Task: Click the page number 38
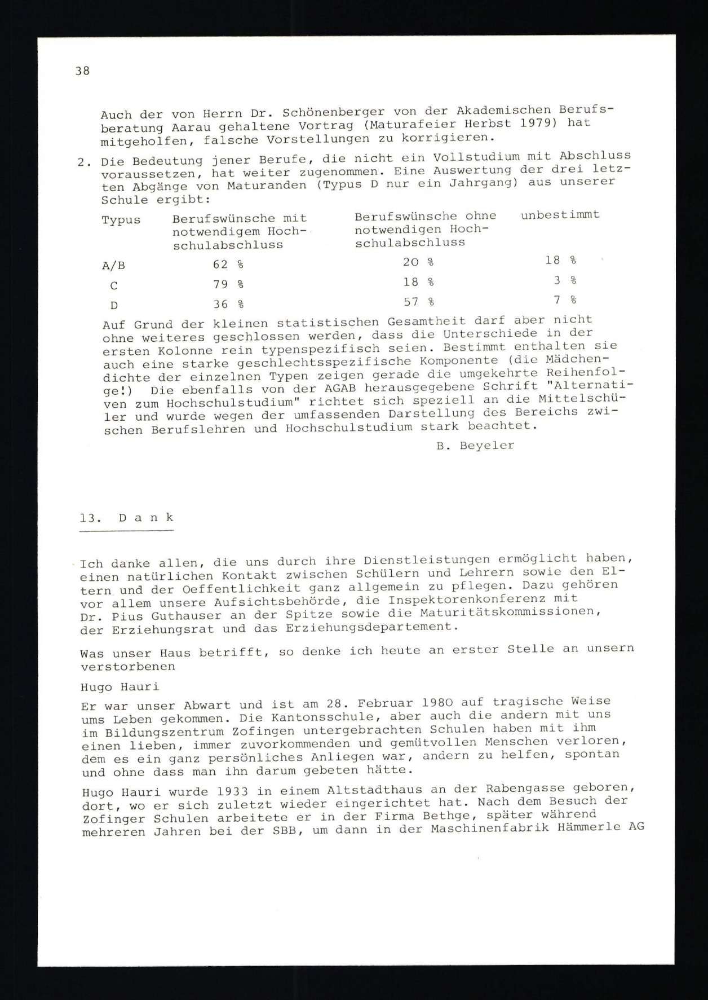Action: [x=82, y=71]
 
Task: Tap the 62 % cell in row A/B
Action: [x=228, y=265]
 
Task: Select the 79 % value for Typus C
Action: [x=228, y=284]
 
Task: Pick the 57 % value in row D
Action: [x=418, y=302]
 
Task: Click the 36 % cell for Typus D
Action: [x=228, y=305]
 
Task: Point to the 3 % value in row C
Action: [x=564, y=280]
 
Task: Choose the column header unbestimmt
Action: [x=560, y=215]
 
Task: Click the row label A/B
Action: [x=113, y=266]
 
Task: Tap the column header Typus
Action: [x=121, y=220]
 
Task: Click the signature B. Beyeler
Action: [x=475, y=446]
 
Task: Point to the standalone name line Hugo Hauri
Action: [x=120, y=687]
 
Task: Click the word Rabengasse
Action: [x=505, y=788]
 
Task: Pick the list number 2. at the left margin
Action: [x=85, y=162]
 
